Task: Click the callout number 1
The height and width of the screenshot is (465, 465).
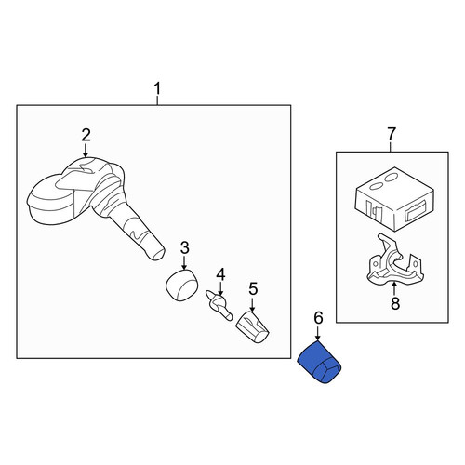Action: [x=157, y=88]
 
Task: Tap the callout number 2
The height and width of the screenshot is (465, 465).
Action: [x=86, y=135]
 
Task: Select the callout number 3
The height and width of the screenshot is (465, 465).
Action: [x=185, y=247]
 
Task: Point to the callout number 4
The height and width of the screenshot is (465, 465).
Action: [x=220, y=274]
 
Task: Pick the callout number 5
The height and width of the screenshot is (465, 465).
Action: [x=253, y=289]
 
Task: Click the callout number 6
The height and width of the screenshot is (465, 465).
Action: [x=318, y=318]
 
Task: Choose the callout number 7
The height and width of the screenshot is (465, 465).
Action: [x=392, y=134]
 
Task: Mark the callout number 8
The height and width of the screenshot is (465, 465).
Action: [x=395, y=303]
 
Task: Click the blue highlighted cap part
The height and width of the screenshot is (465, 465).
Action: [x=319, y=362]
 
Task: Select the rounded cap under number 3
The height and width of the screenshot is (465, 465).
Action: [x=181, y=285]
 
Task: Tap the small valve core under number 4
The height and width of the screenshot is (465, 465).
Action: [x=219, y=305]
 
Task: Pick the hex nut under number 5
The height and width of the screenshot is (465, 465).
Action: [x=252, y=327]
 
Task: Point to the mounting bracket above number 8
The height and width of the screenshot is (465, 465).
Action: [x=394, y=259]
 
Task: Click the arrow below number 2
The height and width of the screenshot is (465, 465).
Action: [x=86, y=151]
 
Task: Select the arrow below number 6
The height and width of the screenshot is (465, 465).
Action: [x=318, y=333]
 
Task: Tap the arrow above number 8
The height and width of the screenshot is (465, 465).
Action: [x=394, y=288]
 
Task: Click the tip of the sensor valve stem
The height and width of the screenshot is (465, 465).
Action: [x=159, y=253]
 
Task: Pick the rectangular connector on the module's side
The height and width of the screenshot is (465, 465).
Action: [x=415, y=211]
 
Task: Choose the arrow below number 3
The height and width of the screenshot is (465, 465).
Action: [x=184, y=262]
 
